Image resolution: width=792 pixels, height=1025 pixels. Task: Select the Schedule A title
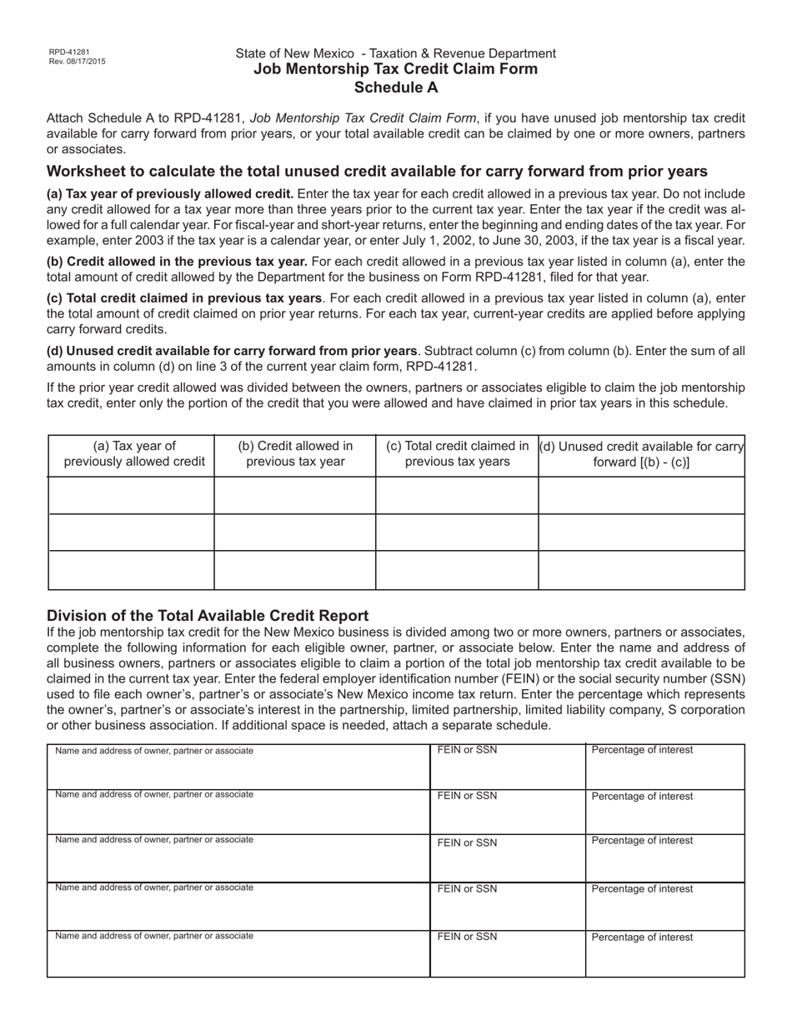coord(395,87)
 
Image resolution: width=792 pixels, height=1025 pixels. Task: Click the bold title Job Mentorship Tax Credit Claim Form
coord(395,69)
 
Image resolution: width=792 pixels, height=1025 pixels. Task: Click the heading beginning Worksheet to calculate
coord(377,172)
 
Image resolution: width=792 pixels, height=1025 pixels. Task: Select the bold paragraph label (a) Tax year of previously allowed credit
coord(170,194)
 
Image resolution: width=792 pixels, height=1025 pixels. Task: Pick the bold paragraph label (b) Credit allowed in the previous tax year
coord(177,262)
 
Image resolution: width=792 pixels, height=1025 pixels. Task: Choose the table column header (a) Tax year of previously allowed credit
coord(134,454)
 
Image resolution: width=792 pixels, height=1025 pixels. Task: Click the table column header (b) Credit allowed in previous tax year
coord(295,454)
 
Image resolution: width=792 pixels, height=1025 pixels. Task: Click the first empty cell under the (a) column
coord(132,495)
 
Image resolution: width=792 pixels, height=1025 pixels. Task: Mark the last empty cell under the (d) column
coord(641,570)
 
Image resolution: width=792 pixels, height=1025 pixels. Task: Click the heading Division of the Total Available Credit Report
coord(208,616)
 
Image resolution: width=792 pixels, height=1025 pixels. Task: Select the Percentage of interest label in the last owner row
coord(642,937)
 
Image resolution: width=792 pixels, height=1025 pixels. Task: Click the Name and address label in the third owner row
coord(154,840)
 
